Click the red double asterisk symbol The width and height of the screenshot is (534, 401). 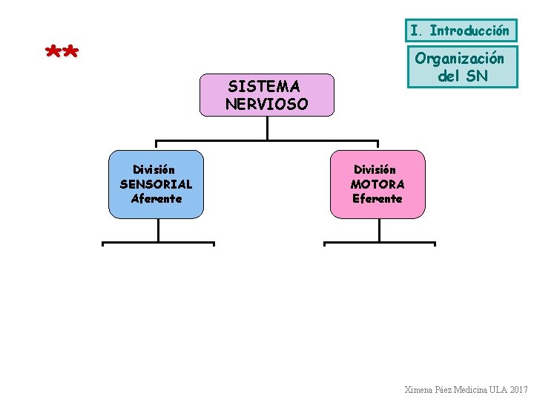tap(62, 53)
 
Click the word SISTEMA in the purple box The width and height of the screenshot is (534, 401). tap(263, 88)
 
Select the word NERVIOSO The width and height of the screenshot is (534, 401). tap(266, 105)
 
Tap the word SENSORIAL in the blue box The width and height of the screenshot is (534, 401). tap(156, 184)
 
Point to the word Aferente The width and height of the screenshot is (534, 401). tap(156, 198)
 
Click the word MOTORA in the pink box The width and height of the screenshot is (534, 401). tap(378, 184)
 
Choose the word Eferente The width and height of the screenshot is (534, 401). tap(378, 198)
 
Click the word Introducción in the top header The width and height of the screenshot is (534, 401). tap(469, 31)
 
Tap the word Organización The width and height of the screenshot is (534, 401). tap(459, 58)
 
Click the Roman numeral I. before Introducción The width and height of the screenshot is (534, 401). tap(417, 31)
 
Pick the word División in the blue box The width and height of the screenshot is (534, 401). tap(154, 170)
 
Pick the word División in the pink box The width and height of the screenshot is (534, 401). tap(375, 170)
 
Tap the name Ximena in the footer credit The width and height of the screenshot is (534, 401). tap(420, 390)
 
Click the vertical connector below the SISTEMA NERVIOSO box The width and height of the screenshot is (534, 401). tap(267, 128)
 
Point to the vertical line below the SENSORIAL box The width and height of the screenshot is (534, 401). tap(158, 230)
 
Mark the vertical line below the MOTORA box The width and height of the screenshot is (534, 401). tap(379, 230)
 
